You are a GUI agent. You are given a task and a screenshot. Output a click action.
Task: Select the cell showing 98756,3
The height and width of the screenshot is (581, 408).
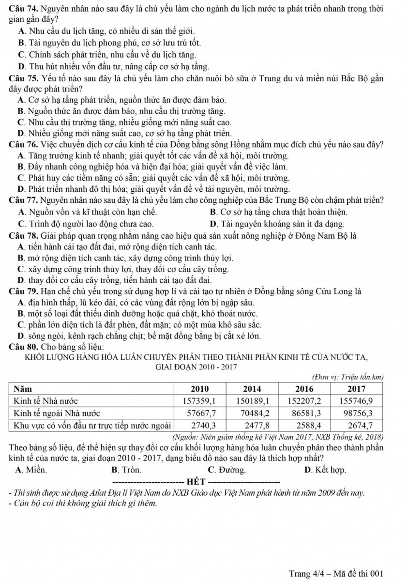tap(357, 413)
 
